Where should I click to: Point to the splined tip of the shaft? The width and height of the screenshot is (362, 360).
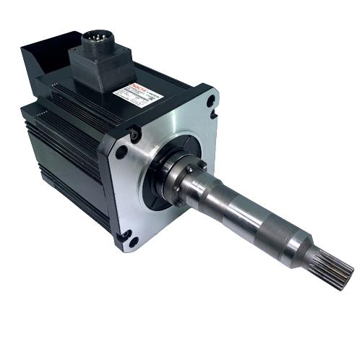click(337, 271)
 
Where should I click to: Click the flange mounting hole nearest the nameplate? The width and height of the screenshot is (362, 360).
click(210, 101)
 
